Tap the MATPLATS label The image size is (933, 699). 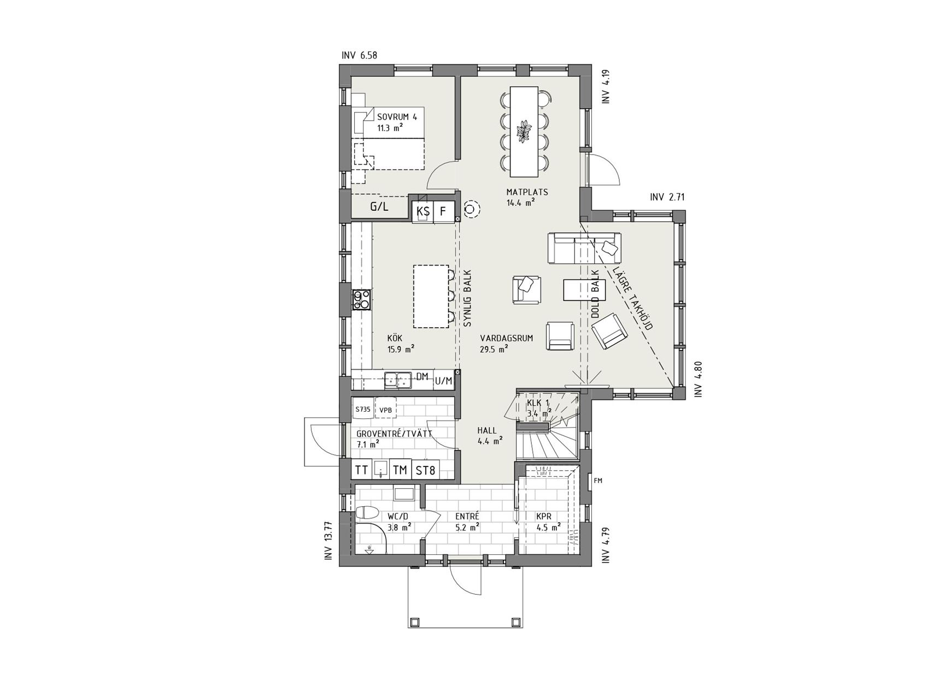pos(527,192)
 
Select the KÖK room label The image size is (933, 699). pos(395,339)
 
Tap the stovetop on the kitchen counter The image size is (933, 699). pos(362,300)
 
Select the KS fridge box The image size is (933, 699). pos(423,211)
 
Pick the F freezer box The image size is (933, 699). pos(444,211)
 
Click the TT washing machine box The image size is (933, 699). pos(361,470)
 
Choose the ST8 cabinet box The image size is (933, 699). pos(425,470)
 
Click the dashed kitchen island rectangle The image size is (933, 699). pos(432,297)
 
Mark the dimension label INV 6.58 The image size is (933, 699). pos(359,55)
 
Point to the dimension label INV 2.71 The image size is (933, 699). pos(667,197)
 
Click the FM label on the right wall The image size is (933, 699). pos(598,481)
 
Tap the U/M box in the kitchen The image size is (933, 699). pos(444,381)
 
